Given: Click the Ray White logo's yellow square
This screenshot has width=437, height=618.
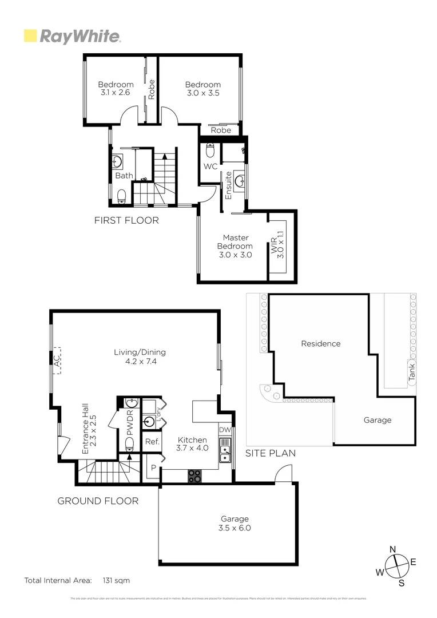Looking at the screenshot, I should pos(30,36).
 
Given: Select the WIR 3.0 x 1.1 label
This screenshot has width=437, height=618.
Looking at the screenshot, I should pos(280,245).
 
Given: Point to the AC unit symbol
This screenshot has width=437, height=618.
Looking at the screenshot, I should pos(56,361).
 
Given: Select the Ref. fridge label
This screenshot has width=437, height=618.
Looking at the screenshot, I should pos(152,441).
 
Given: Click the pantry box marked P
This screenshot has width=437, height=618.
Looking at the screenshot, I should pos(153,467).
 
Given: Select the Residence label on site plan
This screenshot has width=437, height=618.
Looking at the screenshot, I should pos(320,344).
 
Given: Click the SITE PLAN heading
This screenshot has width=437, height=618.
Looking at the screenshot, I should pos(270,453).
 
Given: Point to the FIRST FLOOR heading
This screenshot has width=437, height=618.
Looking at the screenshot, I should pos(126,220).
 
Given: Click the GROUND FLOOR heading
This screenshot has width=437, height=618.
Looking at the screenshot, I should pos(98,501).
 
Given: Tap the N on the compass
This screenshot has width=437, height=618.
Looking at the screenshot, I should pos(393,549).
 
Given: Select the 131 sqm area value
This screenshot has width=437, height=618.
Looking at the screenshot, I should pos(116,580).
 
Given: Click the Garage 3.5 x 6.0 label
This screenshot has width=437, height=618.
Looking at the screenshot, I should pos(236,524).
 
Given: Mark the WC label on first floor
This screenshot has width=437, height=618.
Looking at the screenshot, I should pos(209,167).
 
